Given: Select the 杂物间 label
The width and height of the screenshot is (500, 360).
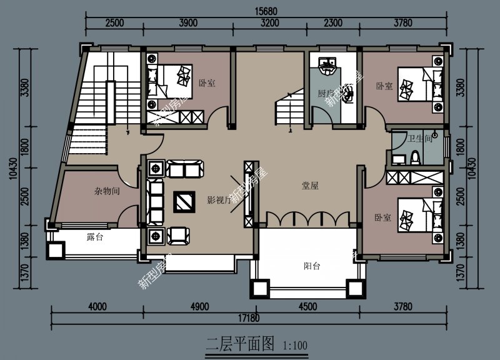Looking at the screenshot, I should [x=107, y=191].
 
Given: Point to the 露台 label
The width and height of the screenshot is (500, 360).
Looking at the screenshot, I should [x=95, y=237].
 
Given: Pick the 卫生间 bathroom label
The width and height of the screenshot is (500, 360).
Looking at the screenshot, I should [x=420, y=139].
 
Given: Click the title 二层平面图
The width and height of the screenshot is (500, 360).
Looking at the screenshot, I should [x=241, y=343].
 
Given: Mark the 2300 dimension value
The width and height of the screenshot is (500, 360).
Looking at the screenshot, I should [x=333, y=23].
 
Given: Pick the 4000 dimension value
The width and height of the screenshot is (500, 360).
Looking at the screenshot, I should [x=98, y=306].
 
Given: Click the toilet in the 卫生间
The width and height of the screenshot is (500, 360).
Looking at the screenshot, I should [x=416, y=156].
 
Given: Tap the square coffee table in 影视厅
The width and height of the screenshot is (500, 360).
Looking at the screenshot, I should [x=185, y=201].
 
